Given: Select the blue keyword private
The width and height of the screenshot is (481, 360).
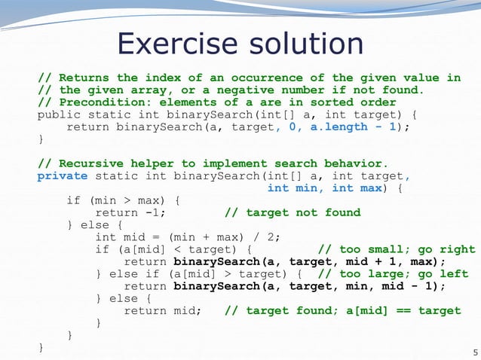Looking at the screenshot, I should (x=62, y=176).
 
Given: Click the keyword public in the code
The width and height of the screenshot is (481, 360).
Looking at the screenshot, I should (x=58, y=114).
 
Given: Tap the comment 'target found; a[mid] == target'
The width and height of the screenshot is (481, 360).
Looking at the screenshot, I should (x=342, y=310).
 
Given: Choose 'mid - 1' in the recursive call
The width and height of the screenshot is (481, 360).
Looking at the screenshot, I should (x=410, y=286).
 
